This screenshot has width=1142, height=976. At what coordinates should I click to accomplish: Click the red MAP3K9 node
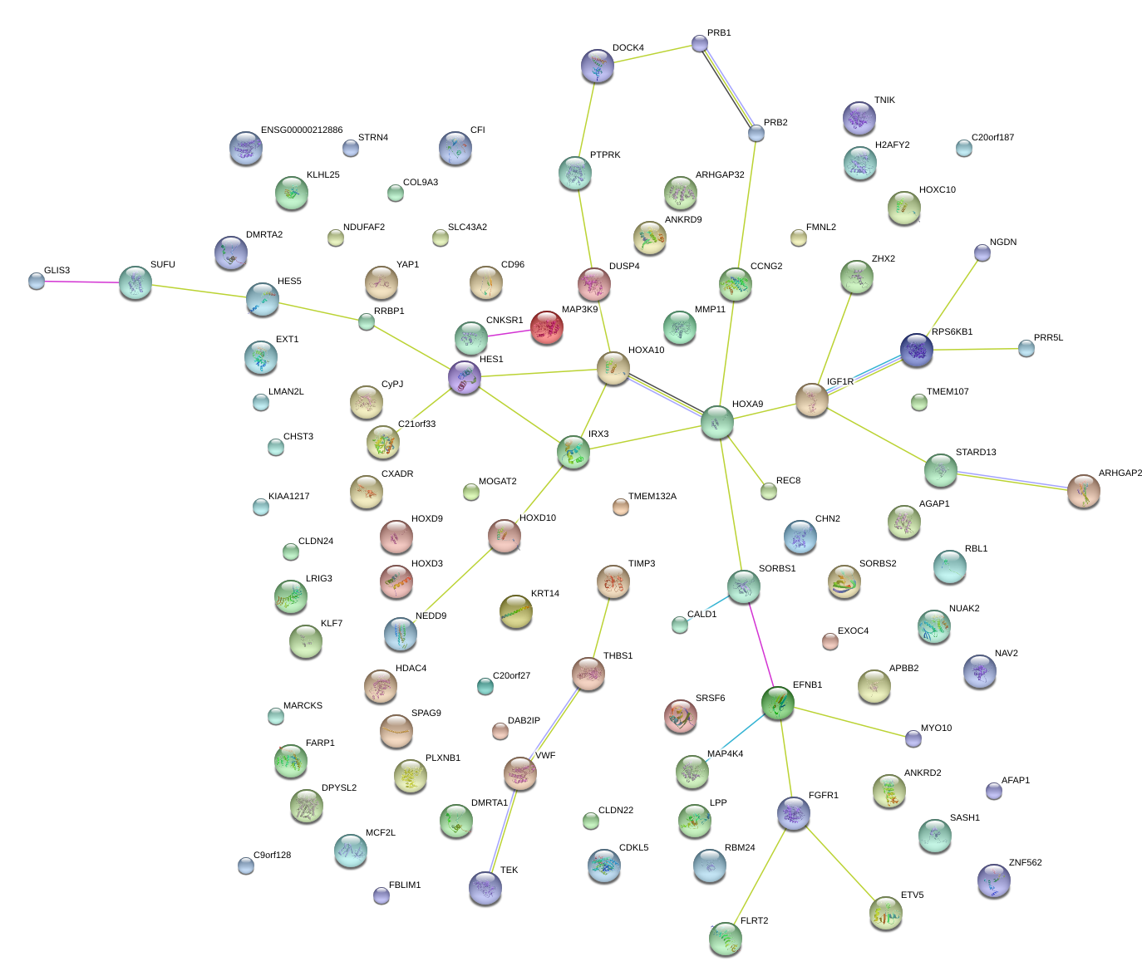point(546,327)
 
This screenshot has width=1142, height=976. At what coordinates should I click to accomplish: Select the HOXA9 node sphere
point(716,422)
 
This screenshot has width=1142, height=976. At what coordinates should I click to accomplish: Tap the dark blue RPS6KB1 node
point(916,350)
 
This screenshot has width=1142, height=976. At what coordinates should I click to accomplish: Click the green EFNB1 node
point(778,703)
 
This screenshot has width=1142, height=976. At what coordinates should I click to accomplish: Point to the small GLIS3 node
point(37,281)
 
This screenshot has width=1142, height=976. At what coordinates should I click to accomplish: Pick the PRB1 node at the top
point(700,43)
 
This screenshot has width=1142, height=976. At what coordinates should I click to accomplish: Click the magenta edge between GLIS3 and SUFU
point(83,282)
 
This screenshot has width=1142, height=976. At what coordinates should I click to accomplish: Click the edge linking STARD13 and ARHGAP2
point(1012,481)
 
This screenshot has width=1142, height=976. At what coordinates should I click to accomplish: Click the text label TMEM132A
point(652,497)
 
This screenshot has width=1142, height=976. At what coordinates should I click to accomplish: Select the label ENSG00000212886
point(302,130)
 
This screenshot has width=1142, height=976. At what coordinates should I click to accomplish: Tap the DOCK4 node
point(597,66)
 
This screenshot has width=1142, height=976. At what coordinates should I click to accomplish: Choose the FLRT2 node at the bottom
point(725,938)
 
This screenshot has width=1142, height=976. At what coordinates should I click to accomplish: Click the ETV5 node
point(885,913)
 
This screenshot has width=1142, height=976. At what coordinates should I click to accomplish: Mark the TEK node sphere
point(485,887)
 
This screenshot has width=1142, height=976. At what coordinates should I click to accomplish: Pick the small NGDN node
point(982,253)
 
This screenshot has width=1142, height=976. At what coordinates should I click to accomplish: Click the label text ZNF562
point(1025,863)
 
